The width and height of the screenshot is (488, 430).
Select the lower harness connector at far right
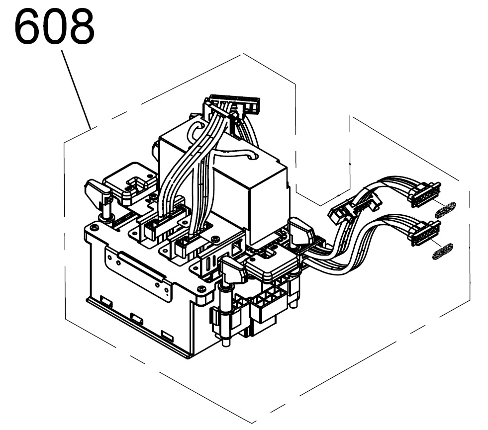click(425, 232)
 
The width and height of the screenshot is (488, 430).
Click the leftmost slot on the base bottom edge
click(106, 300)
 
